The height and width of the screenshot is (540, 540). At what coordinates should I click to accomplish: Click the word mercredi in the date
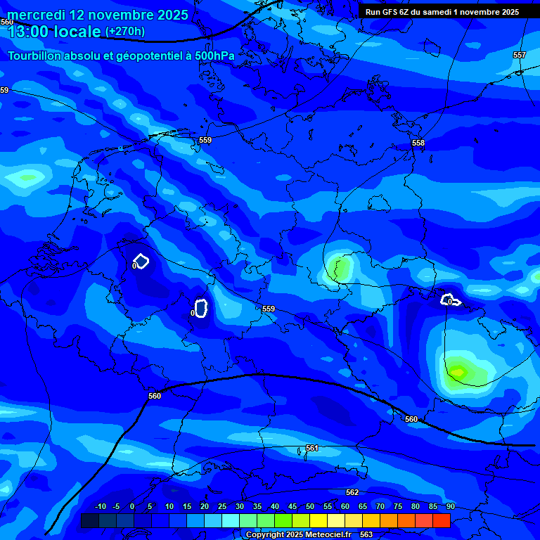[x=35, y=15]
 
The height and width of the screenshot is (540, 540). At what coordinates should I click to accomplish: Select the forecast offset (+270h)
[x=125, y=32]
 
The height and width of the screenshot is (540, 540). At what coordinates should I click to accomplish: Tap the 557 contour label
[x=519, y=55]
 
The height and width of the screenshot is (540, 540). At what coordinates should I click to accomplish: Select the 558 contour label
[x=418, y=143]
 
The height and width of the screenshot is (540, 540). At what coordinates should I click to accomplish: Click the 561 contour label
[x=312, y=448]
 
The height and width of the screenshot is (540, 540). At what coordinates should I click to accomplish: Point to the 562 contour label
[x=352, y=492]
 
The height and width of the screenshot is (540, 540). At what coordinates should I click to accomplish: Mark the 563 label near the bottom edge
[x=366, y=534]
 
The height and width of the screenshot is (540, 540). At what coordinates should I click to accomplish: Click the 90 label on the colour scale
[x=450, y=506]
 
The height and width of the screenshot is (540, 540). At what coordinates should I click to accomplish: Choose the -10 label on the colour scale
[x=101, y=506]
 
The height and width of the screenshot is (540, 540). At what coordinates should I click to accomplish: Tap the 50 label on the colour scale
[x=310, y=506]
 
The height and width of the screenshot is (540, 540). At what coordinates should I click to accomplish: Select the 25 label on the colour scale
[x=222, y=506]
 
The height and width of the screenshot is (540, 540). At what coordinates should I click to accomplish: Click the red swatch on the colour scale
[x=442, y=520]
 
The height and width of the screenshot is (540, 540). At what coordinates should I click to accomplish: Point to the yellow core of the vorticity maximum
[x=458, y=371]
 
